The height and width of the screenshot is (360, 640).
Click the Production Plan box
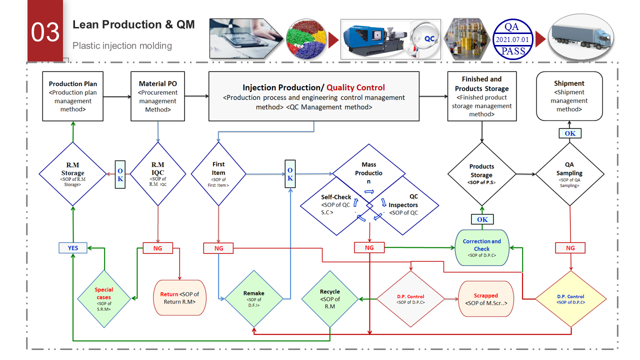tap(73, 96)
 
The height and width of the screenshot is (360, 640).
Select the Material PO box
tap(158, 96)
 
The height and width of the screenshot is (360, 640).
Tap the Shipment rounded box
tap(569, 96)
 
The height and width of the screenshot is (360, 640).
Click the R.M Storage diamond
tap(73, 174)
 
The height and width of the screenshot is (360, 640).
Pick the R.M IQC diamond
tap(158, 174)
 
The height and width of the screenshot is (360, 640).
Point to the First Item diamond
tap(218, 174)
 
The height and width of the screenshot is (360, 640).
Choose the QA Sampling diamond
tap(570, 174)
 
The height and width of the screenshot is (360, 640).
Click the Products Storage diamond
tap(481, 174)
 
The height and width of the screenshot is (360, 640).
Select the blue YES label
tap(72, 247)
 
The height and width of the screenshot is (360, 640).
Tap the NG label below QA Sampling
tap(570, 247)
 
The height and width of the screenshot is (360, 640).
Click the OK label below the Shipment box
tap(570, 133)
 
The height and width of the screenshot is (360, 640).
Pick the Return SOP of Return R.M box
tap(179, 297)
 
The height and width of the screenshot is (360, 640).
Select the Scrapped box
tap(486, 299)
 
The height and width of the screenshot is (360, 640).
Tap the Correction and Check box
tap(481, 247)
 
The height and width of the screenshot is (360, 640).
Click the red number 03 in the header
tap(45, 32)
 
